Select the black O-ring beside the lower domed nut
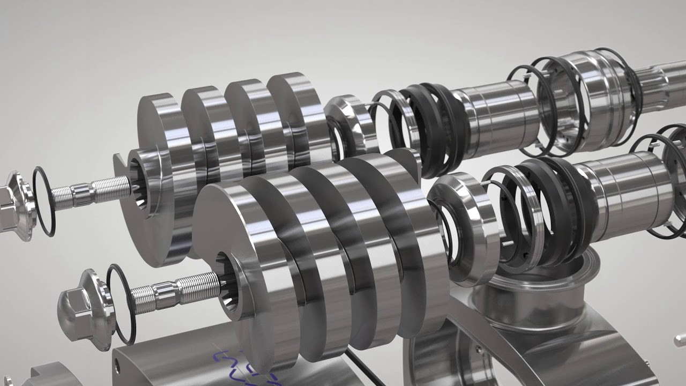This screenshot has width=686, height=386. coord(120,303)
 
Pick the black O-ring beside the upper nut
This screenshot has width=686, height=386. coord(43,201)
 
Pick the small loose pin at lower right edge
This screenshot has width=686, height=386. coord(680,339)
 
